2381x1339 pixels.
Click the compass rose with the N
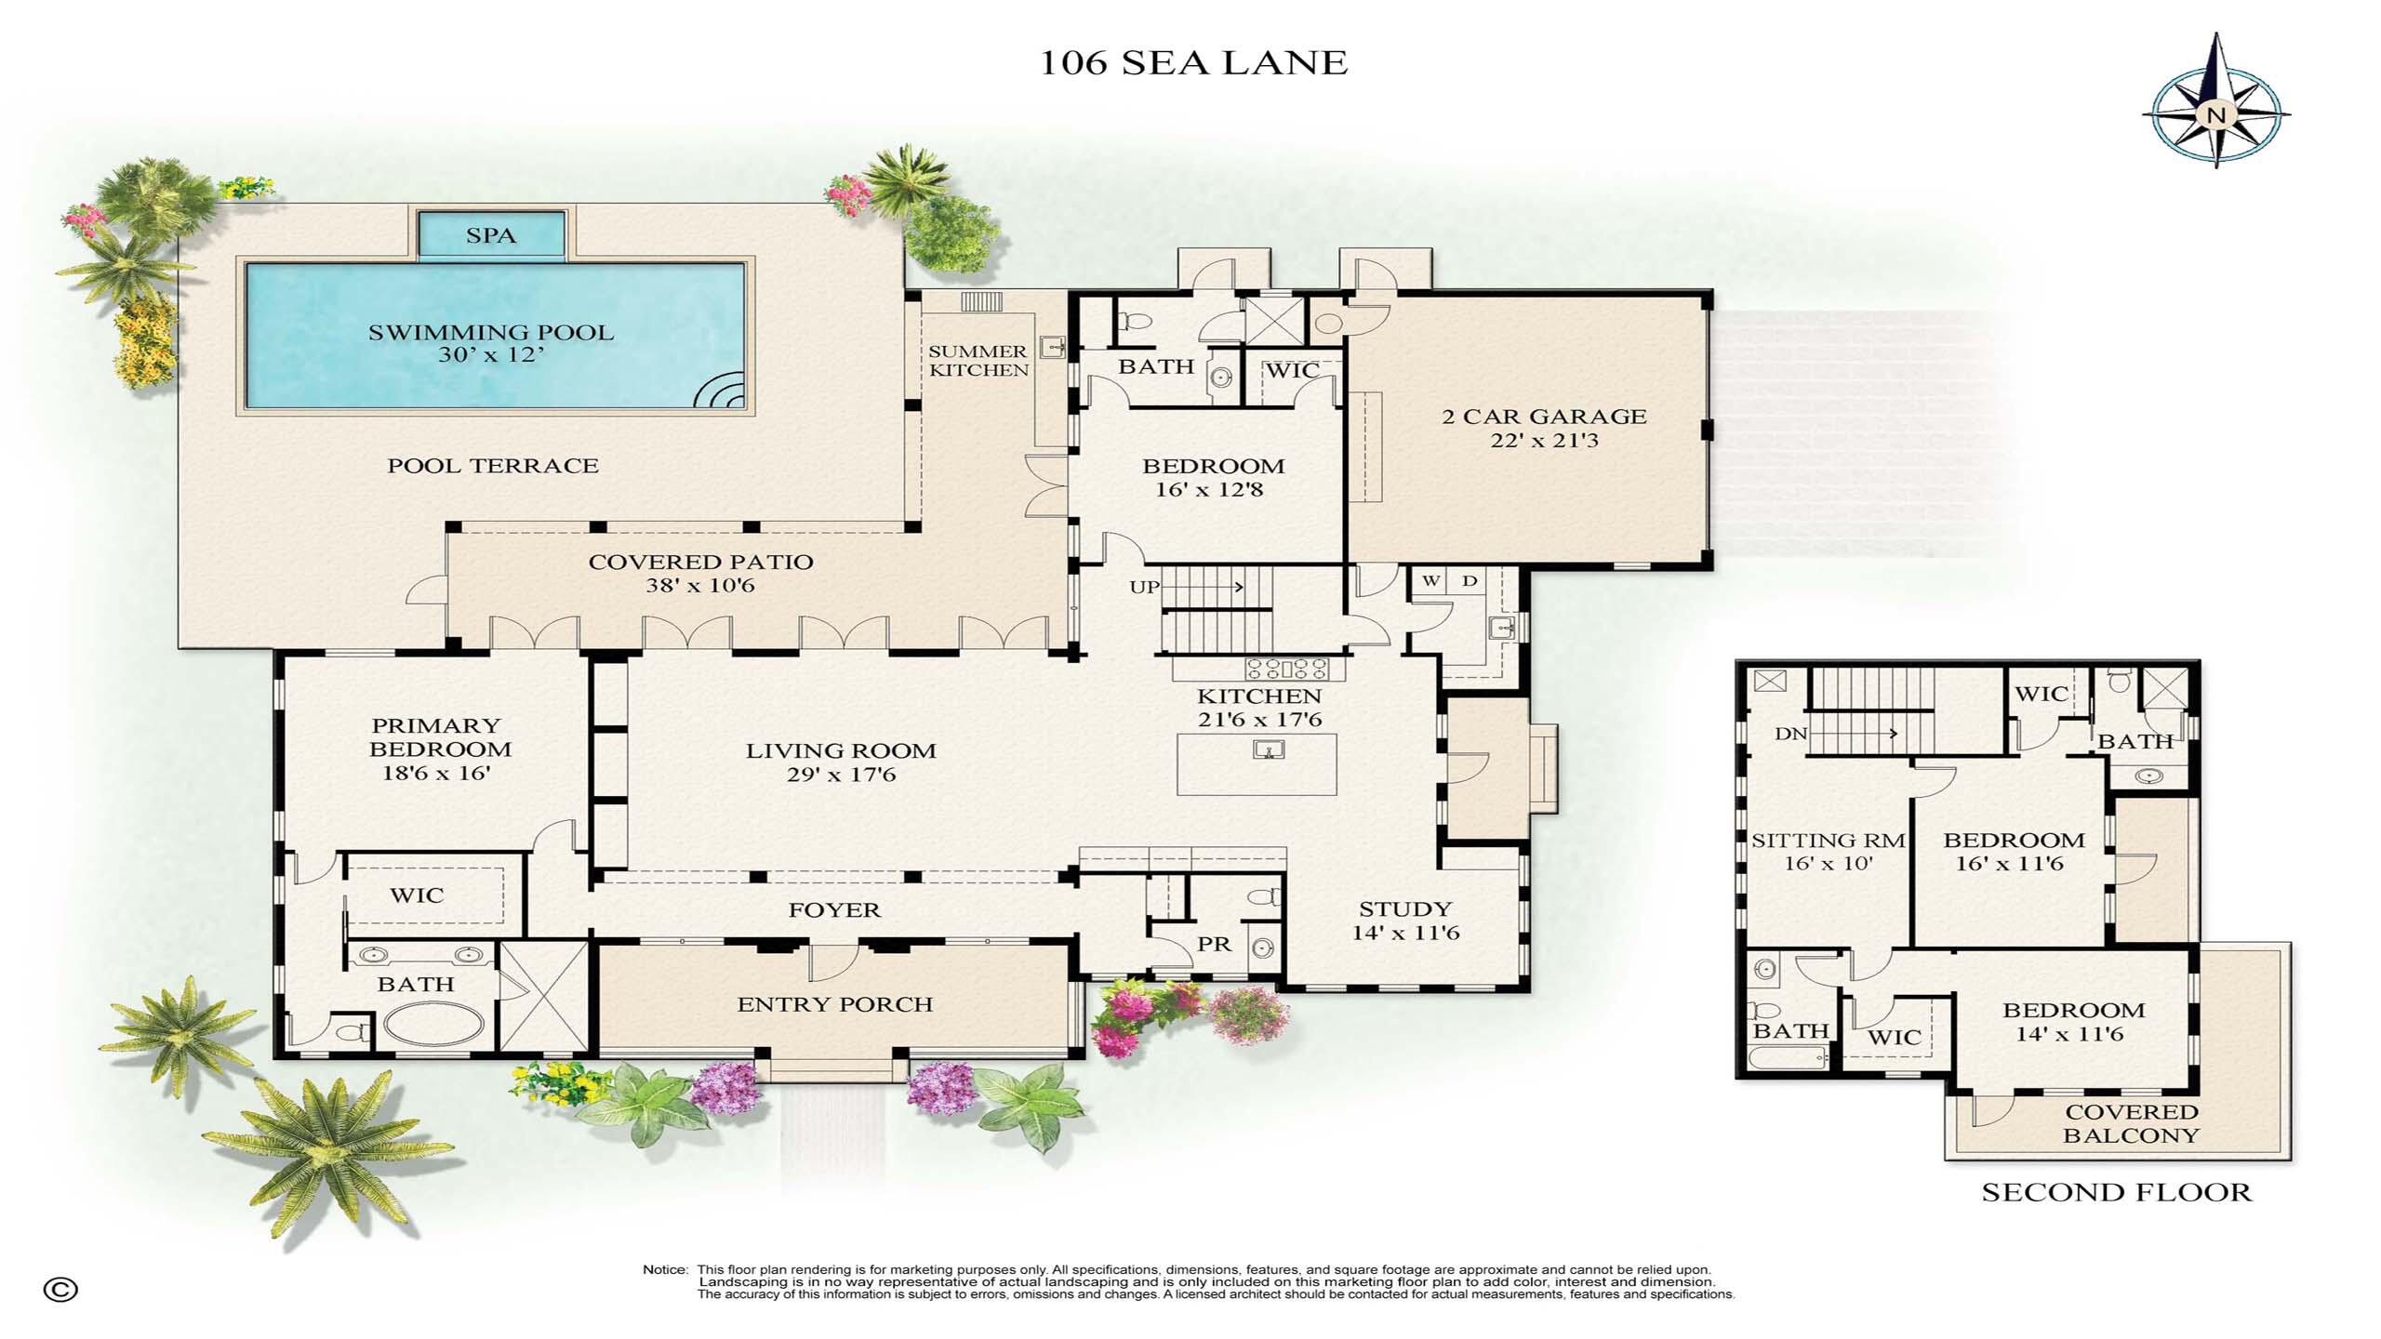(2216, 115)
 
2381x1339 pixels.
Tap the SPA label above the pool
(491, 235)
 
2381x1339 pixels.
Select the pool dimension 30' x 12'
(491, 354)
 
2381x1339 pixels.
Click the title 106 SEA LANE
(1193, 62)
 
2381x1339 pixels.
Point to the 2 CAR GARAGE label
(1544, 417)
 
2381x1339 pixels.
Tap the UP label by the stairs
(1144, 587)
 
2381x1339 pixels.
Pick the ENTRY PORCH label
(834, 1004)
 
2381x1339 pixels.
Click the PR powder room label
(1214, 944)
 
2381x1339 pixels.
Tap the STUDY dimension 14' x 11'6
(1405, 933)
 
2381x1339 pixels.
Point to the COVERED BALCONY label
(2131, 1123)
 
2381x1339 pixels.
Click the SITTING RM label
(1828, 841)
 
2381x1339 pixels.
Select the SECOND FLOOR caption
(2117, 1192)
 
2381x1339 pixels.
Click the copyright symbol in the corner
(60, 1290)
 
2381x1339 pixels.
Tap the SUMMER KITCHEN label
(978, 361)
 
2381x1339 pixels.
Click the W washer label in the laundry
(1431, 581)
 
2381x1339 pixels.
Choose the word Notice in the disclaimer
(665, 1269)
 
